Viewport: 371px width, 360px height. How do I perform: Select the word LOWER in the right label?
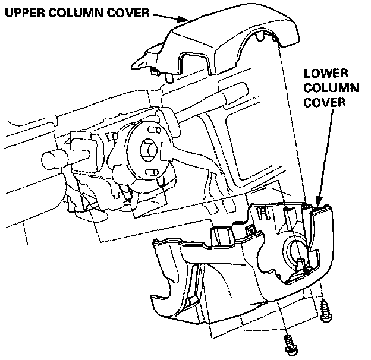click(324, 75)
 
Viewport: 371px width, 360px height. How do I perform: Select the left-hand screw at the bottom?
click(290, 343)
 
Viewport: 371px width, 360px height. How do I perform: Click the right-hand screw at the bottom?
click(325, 311)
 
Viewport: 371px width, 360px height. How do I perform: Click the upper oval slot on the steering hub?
click(152, 130)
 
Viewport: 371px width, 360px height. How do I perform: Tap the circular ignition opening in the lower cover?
click(294, 255)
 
